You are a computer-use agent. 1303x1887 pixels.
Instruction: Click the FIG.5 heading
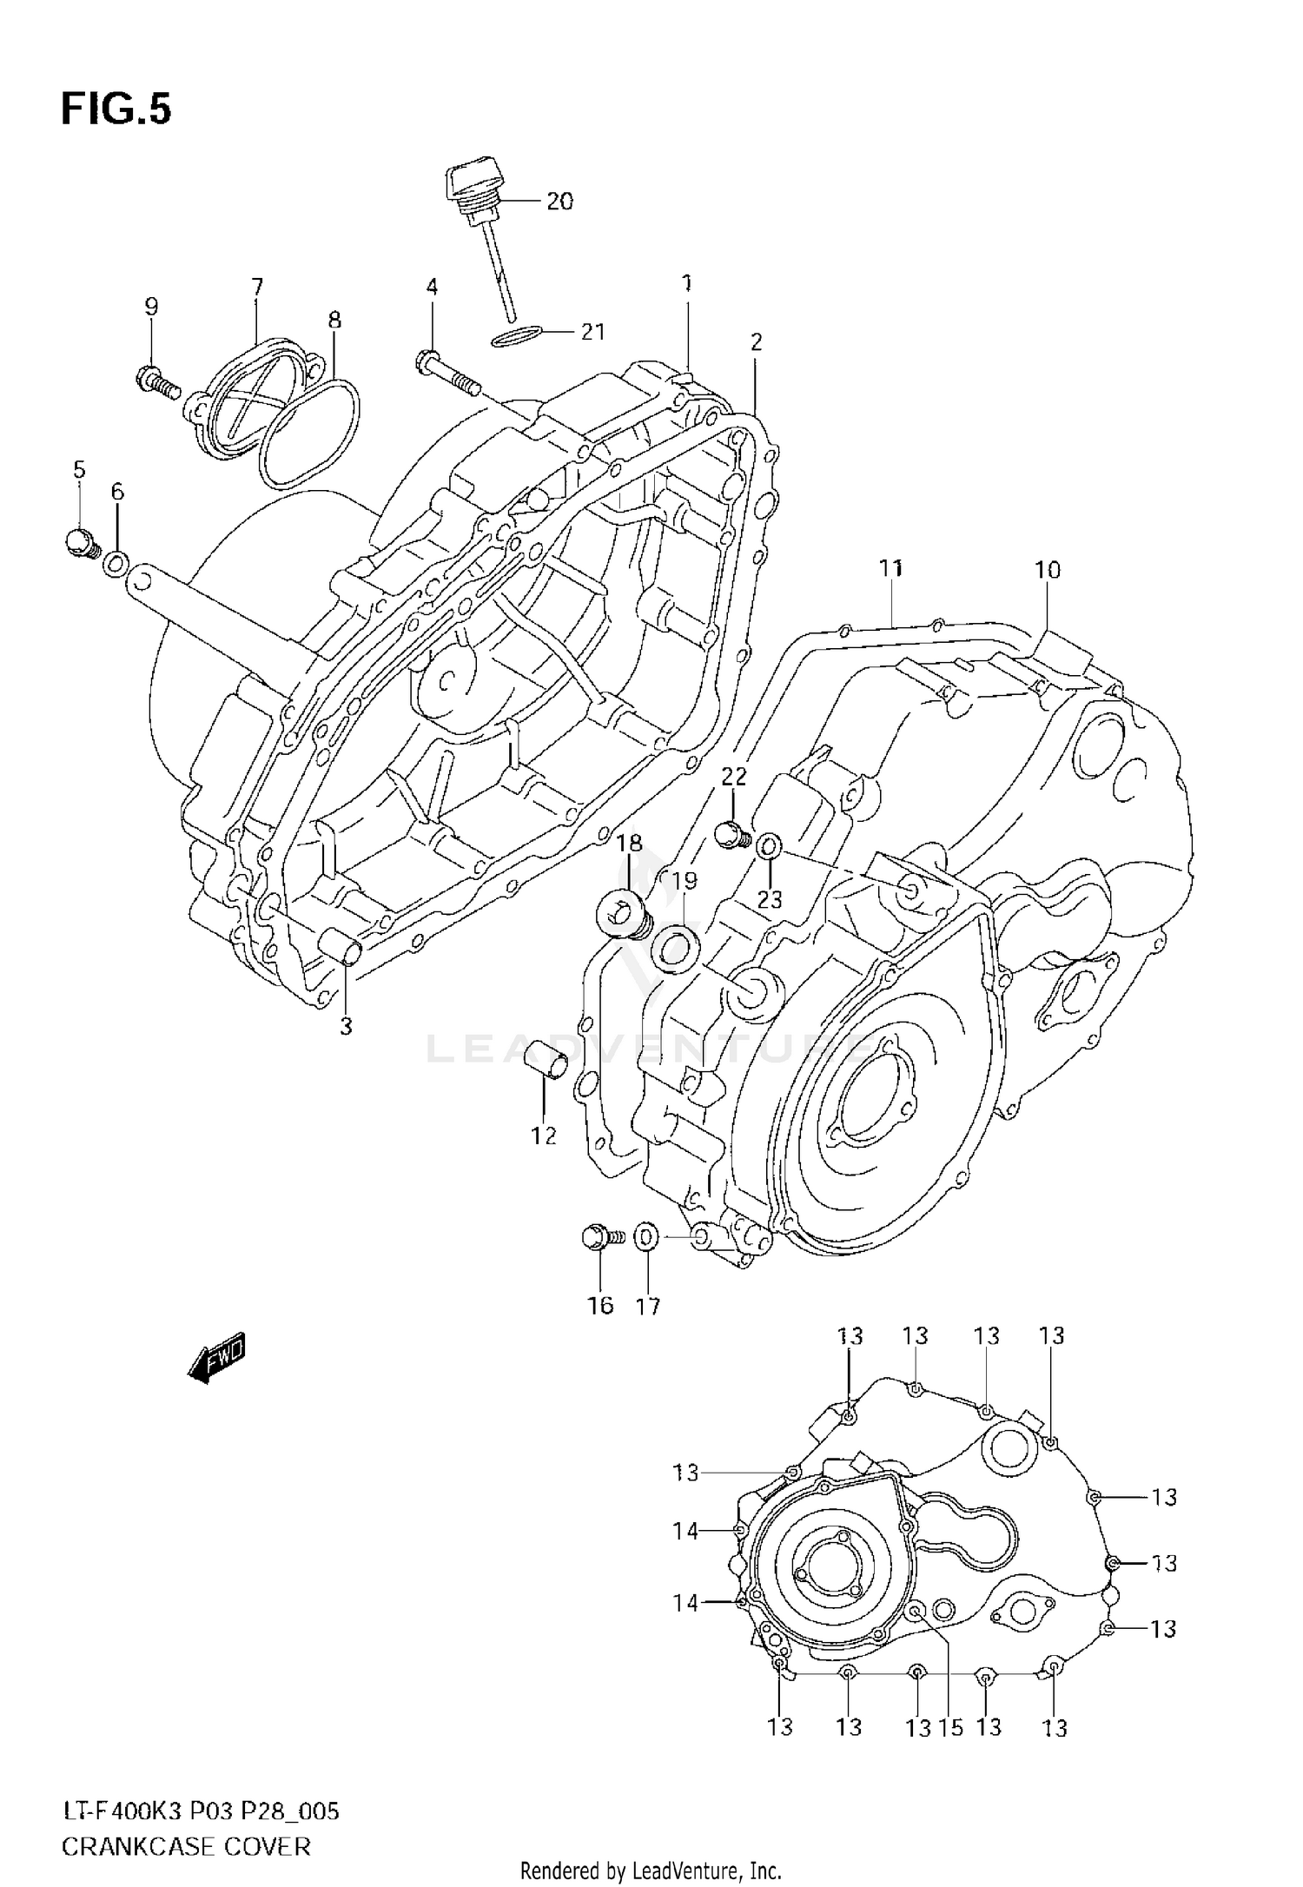tap(116, 110)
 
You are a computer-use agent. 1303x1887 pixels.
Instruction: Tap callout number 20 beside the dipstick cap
tap(559, 202)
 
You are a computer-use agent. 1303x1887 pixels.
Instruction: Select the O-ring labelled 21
tap(517, 336)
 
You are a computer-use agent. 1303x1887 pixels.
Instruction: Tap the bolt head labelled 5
tap(81, 543)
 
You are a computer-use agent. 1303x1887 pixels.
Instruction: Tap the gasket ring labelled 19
tap(677, 945)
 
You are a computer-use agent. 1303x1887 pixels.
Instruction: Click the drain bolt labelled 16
tap(598, 1236)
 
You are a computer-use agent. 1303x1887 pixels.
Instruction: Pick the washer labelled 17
tap(645, 1237)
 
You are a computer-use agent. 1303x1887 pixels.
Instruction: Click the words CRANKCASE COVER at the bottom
tap(186, 1846)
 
